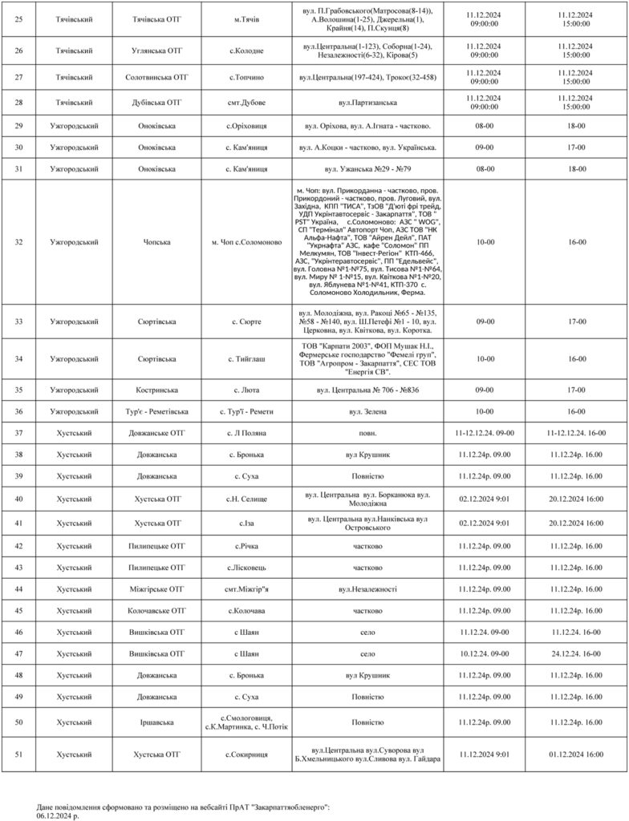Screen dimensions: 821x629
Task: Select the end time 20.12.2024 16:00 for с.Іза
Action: [x=575, y=523]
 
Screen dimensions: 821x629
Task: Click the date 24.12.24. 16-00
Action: [x=575, y=654]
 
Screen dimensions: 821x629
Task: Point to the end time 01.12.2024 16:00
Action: [x=575, y=754]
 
